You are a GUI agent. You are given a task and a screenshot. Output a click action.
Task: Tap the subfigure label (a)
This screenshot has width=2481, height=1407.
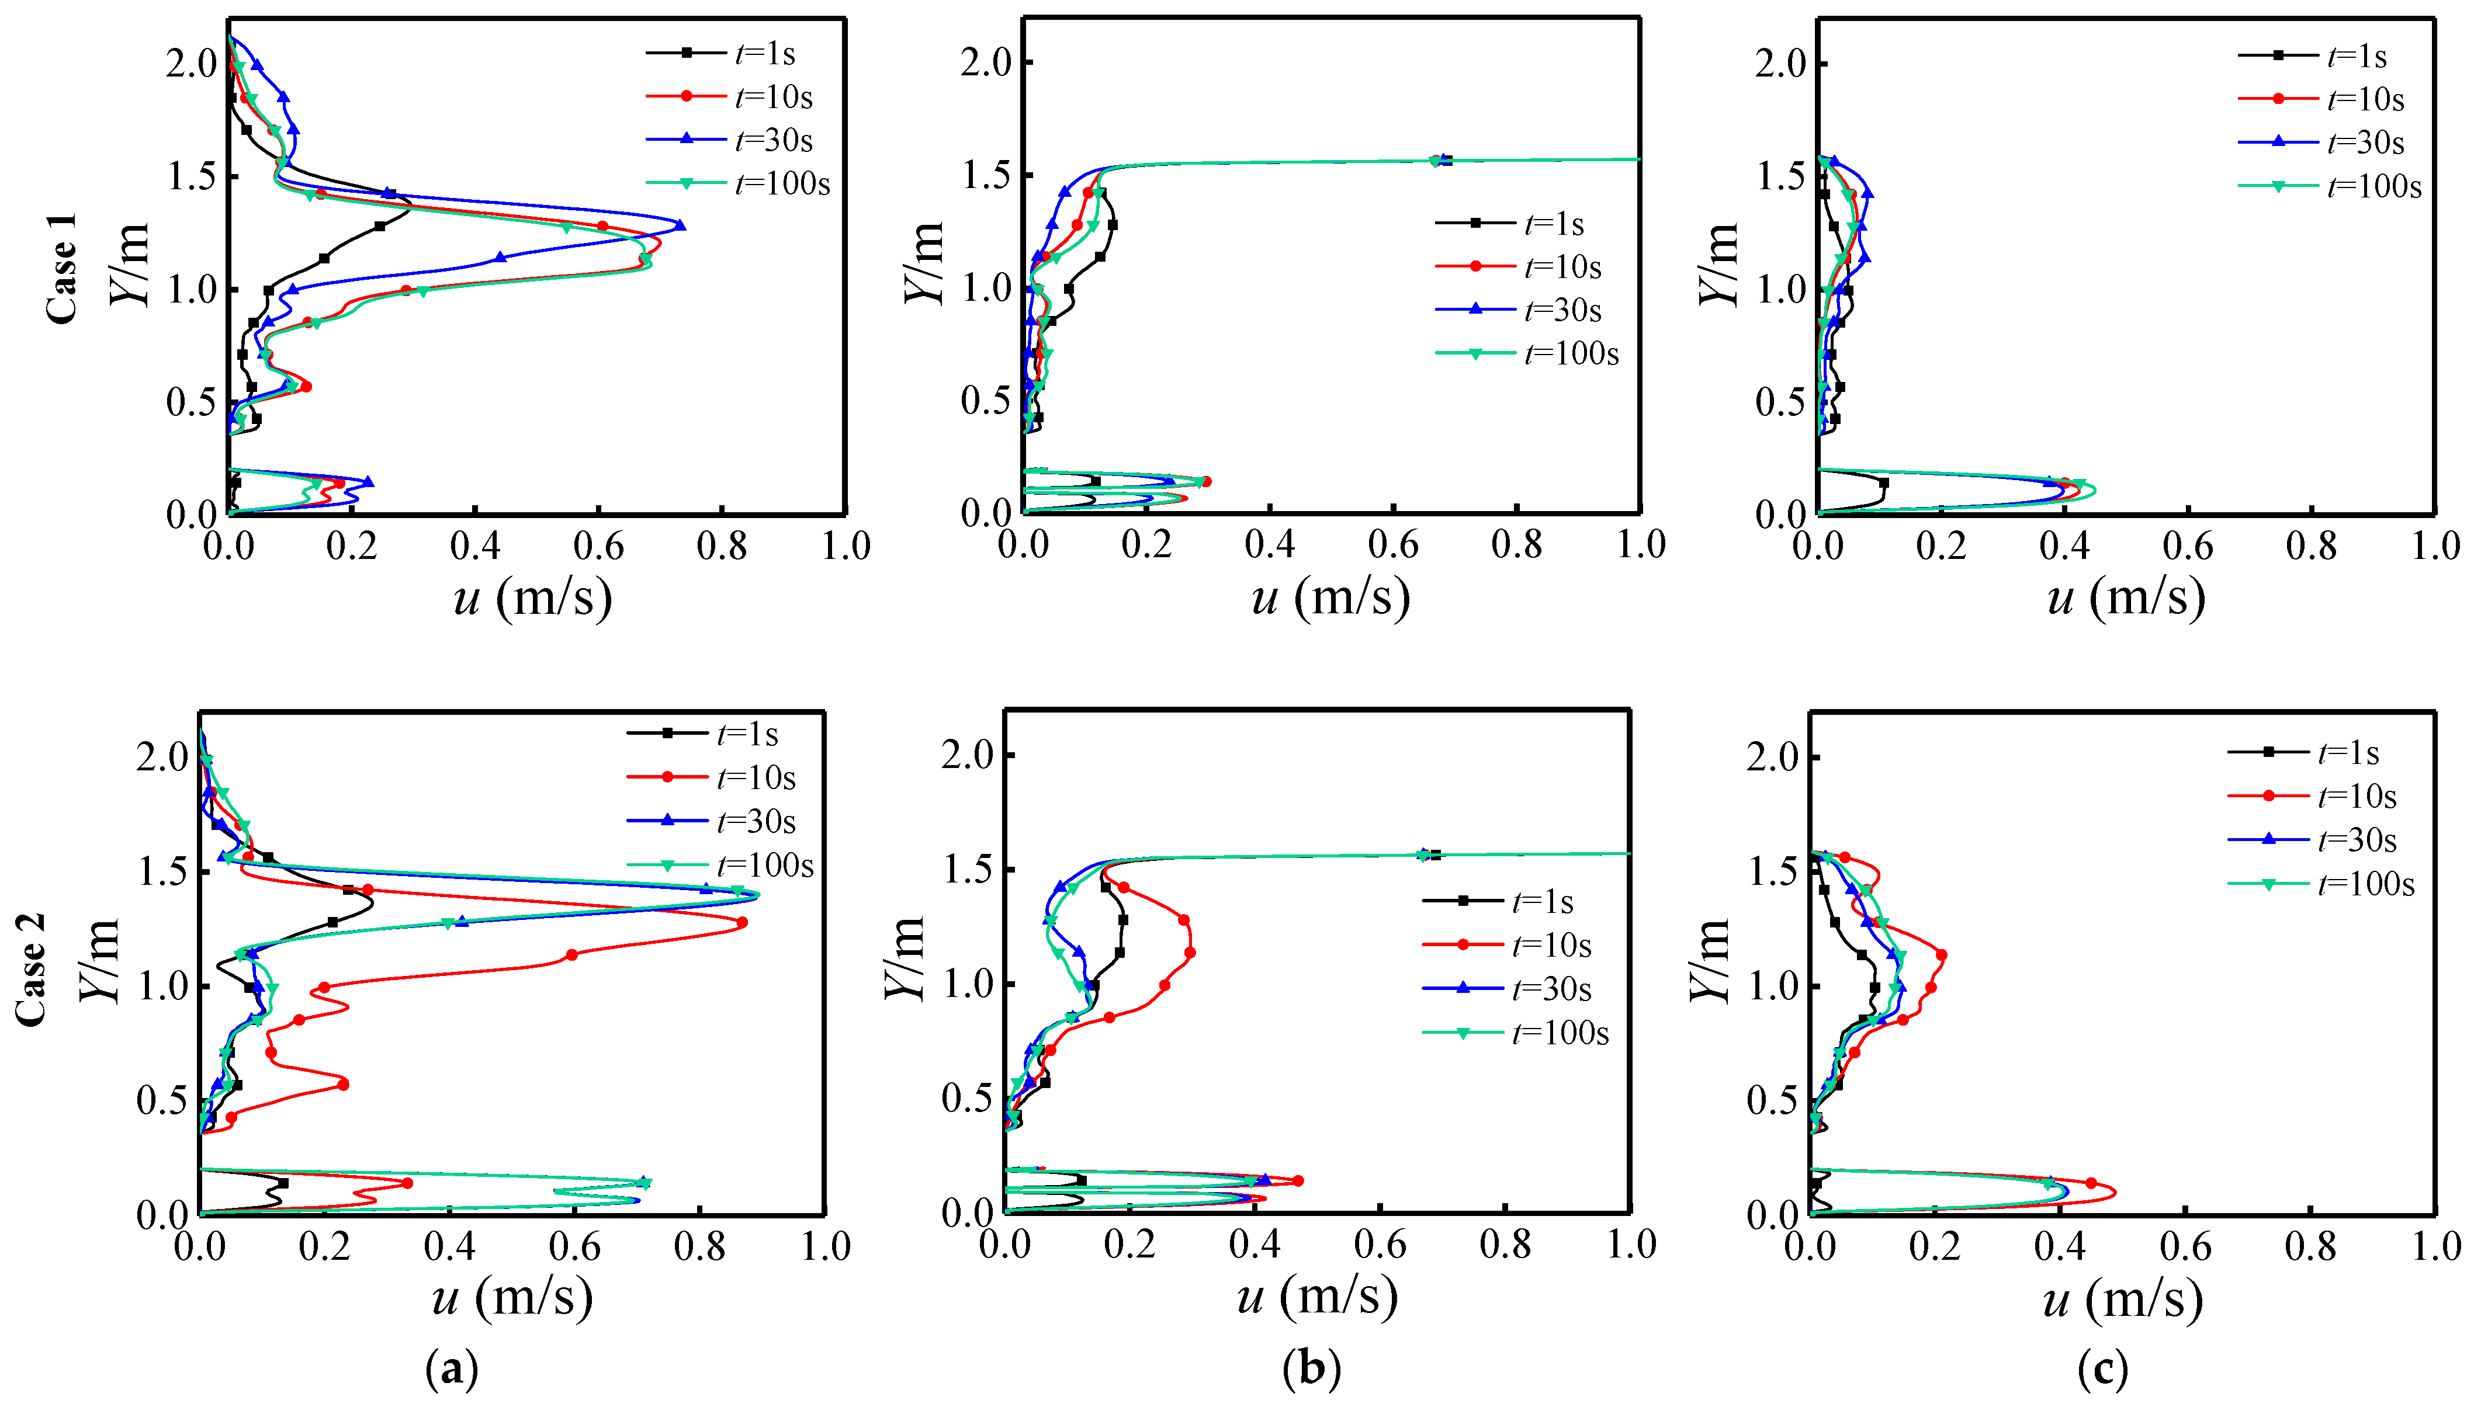[451, 1369]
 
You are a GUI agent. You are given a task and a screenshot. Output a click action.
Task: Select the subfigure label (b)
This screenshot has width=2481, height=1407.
[1312, 1369]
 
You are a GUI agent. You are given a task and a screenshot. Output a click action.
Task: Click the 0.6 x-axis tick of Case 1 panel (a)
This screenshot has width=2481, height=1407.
[598, 546]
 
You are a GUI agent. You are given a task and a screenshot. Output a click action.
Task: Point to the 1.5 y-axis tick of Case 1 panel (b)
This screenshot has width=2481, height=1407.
[986, 176]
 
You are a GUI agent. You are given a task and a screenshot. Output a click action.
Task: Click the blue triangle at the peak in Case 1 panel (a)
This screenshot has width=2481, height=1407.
[680, 226]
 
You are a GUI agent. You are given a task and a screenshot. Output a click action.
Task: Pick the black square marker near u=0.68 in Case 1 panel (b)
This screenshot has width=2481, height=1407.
[1446, 161]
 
